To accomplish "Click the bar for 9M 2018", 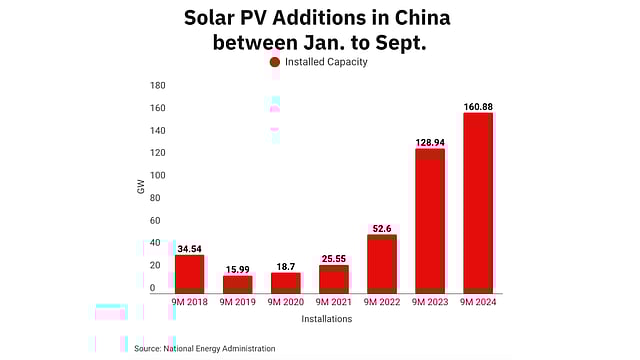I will click(x=190, y=273).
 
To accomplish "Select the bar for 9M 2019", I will click(x=238, y=284).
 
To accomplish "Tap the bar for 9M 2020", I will click(x=285, y=282).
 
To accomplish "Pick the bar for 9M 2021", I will click(x=333, y=278).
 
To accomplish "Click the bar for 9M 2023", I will click(x=429, y=220).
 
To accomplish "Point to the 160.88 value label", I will click(x=477, y=106).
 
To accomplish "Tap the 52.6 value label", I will click(x=381, y=228).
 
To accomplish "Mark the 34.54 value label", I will click(x=190, y=248).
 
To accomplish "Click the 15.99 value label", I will click(x=238, y=269).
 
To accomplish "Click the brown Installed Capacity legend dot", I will click(x=274, y=62).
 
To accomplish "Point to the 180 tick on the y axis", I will click(x=157, y=85).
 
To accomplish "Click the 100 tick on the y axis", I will click(x=157, y=175).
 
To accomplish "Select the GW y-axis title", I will click(x=141, y=187).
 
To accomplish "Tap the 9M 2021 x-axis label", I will click(x=333, y=301).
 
